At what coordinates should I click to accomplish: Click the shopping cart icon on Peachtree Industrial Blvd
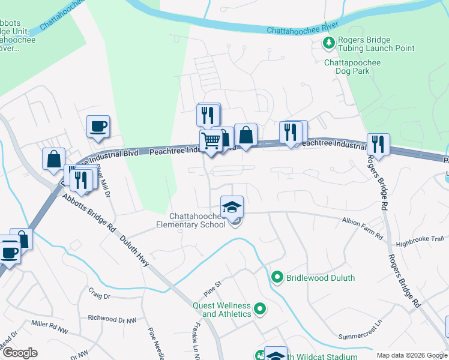tap(211, 142)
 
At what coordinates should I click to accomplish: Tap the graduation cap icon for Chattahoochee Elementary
tap(232, 208)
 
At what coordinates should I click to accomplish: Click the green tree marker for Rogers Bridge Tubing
tap(328, 43)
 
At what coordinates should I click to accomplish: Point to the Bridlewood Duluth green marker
tap(277, 277)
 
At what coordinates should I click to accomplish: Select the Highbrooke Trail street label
tap(420, 239)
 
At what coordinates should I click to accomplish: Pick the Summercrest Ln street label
tap(360, 337)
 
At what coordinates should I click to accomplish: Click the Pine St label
tap(211, 283)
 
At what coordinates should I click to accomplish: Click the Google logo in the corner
tap(19, 353)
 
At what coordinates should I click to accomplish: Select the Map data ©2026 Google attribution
tap(412, 355)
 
